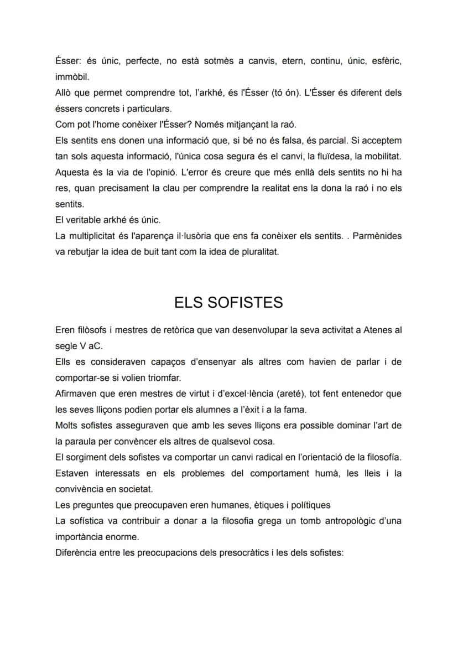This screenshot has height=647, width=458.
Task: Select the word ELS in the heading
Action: tap(189, 302)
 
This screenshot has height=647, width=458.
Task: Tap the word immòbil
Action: tap(72, 76)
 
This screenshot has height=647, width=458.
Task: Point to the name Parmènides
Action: tap(377, 236)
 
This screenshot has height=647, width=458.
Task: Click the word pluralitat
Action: tap(259, 252)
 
